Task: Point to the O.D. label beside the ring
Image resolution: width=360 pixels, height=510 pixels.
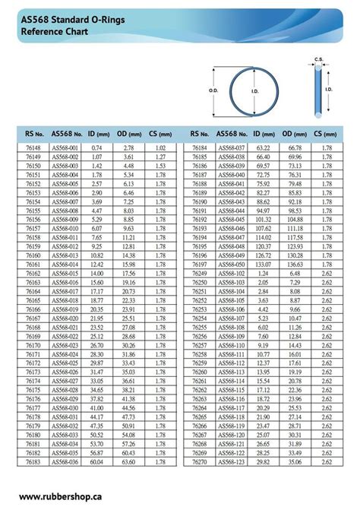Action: pos(213,90)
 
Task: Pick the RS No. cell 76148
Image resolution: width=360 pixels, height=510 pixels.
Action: pos(33,147)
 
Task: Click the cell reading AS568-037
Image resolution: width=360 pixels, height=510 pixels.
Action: pos(232,147)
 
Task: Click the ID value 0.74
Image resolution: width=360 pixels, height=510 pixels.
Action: pos(96,147)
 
